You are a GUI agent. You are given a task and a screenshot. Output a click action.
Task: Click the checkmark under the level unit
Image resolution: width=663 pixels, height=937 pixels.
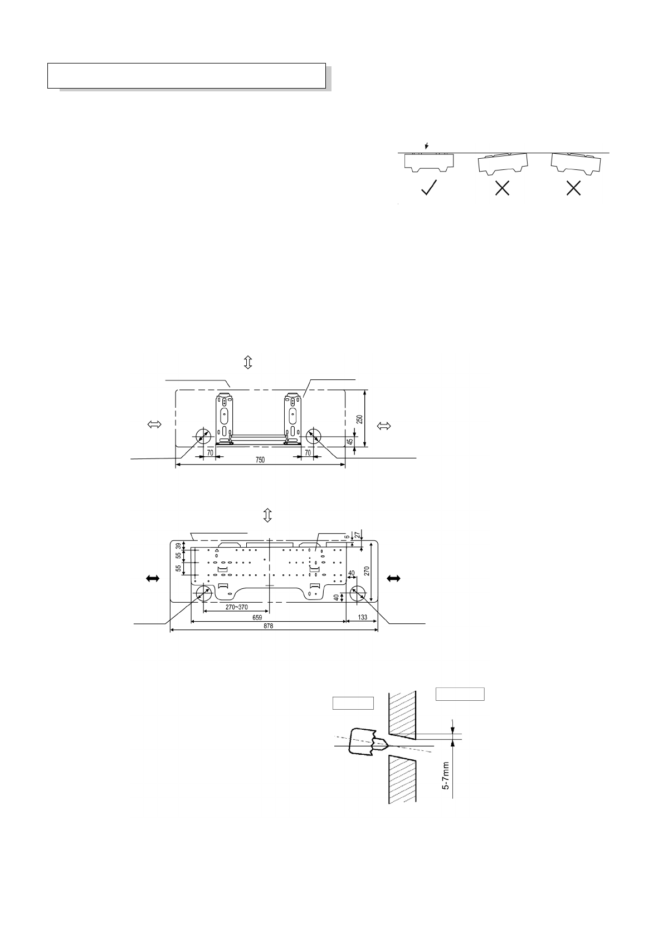pyautogui.click(x=429, y=187)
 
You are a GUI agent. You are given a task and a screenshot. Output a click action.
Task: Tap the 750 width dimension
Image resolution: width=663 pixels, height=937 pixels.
pyautogui.click(x=260, y=460)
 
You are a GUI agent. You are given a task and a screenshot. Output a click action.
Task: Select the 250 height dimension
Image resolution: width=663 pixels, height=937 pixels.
pyautogui.click(x=359, y=419)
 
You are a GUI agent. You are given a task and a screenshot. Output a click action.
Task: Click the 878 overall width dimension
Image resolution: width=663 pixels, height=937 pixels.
pyautogui.click(x=268, y=626)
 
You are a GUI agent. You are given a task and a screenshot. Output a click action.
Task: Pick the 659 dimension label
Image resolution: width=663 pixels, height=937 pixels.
pyautogui.click(x=257, y=617)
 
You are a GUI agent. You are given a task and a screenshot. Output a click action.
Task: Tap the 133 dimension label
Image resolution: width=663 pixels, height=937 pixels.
pyautogui.click(x=362, y=617)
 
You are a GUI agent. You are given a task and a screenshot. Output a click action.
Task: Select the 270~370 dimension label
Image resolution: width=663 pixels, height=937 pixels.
pyautogui.click(x=236, y=607)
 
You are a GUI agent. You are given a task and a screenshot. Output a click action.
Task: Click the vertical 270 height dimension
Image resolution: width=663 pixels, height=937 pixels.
pyautogui.click(x=367, y=570)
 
